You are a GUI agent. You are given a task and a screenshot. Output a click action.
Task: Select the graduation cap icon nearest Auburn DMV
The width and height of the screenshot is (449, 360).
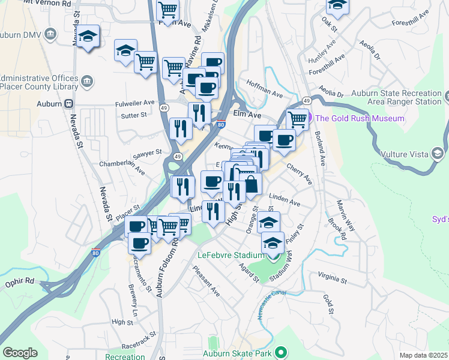coord(88,37)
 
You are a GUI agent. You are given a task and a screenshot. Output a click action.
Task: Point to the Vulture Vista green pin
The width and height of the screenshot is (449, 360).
coord(437,154)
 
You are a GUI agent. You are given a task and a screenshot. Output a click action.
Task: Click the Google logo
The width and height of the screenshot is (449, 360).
coord(20,353)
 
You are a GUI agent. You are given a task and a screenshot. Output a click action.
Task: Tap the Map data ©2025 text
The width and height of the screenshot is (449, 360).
coord(422,355)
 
